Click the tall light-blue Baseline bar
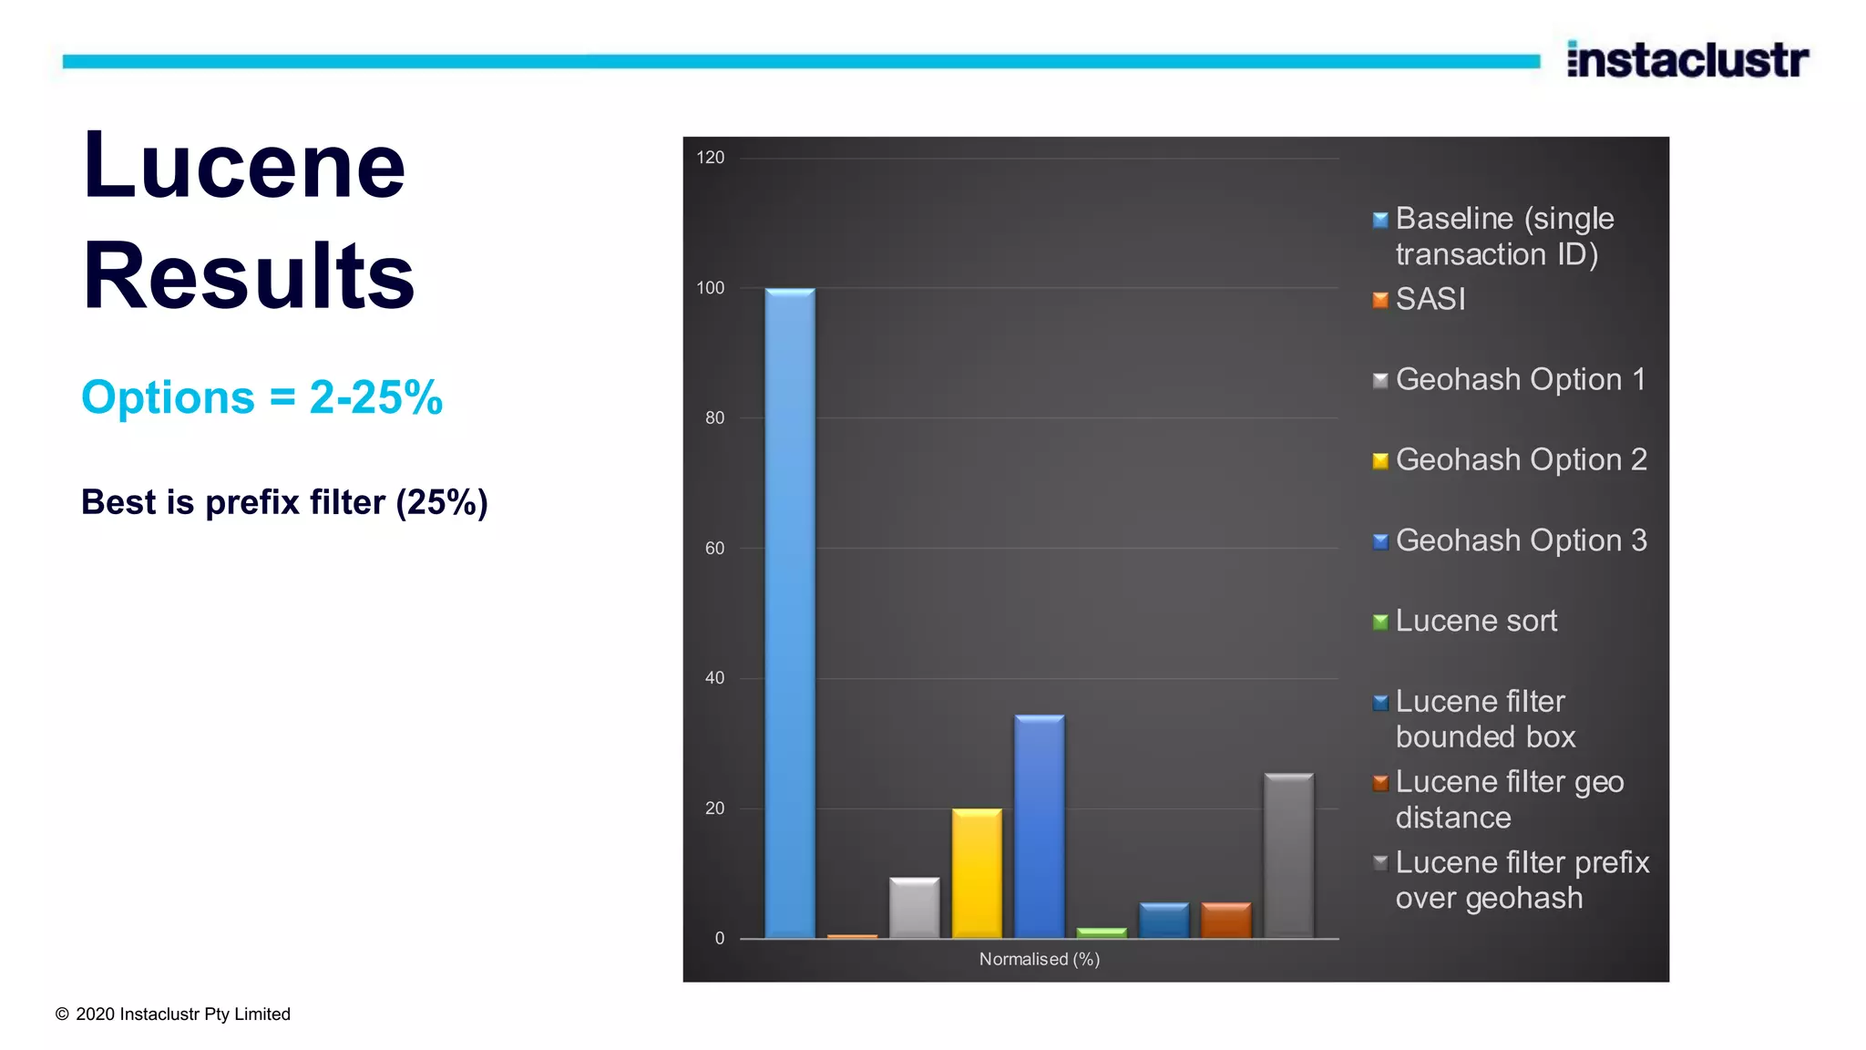point(790,612)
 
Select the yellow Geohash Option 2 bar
point(977,873)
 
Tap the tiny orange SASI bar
point(852,935)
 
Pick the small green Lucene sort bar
point(1102,932)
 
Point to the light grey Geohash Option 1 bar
point(914,908)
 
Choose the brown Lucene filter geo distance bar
point(1226,920)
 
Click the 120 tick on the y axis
point(711,158)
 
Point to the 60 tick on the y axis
point(714,548)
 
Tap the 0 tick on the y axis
point(720,938)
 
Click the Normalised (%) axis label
point(1040,959)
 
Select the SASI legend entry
point(1430,299)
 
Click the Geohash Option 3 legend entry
point(1521,540)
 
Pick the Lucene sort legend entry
point(1476,621)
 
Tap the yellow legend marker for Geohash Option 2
point(1380,461)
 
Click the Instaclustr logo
point(1687,60)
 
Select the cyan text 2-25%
point(375,397)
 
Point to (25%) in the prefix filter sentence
point(442,502)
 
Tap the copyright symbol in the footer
point(62,1014)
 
